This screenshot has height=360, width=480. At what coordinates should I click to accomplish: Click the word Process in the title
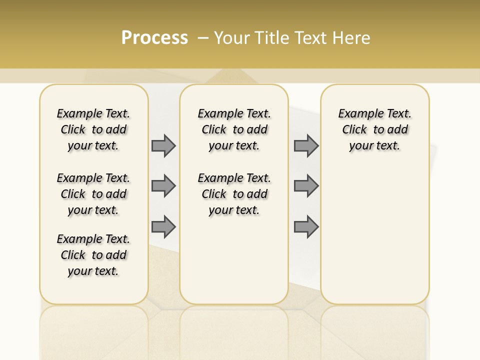pyautogui.click(x=154, y=37)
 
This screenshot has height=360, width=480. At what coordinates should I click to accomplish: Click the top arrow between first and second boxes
pyautogui.click(x=163, y=145)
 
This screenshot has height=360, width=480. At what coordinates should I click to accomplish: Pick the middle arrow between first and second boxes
pyautogui.click(x=163, y=186)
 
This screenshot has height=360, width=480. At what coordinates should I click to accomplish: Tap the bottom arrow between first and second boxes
pyautogui.click(x=163, y=226)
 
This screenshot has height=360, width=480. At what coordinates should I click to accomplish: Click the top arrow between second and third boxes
pyautogui.click(x=306, y=145)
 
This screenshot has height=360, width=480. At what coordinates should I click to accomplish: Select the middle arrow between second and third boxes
pyautogui.click(x=306, y=186)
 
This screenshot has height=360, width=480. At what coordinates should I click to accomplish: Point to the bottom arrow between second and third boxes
pyautogui.click(x=306, y=226)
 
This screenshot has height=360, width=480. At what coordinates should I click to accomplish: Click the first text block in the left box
pyautogui.click(x=93, y=129)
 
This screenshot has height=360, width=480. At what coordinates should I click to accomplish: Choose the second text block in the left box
pyautogui.click(x=93, y=194)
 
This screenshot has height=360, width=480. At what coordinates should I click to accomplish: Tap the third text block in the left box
pyautogui.click(x=93, y=255)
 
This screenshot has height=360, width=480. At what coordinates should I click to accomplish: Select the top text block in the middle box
pyautogui.click(x=234, y=129)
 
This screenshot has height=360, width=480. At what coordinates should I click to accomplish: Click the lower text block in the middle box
pyautogui.click(x=234, y=194)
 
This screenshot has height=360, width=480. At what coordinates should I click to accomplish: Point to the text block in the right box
pyautogui.click(x=374, y=129)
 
